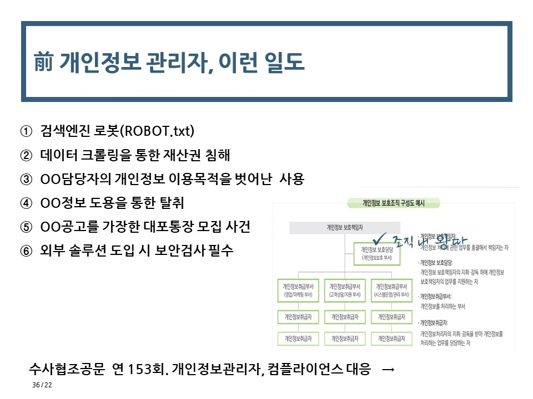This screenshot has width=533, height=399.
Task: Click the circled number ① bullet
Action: pyautogui.click(x=26, y=131)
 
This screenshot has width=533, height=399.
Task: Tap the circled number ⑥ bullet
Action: pyautogui.click(x=26, y=250)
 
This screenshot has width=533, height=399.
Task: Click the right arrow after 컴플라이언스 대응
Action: pyautogui.click(x=389, y=369)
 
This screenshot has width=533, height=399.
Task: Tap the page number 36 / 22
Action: pyautogui.click(x=42, y=385)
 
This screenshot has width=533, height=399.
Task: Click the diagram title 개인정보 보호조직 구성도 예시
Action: pyautogui.click(x=393, y=204)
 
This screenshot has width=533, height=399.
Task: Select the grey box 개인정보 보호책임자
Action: pyautogui.click(x=344, y=227)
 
